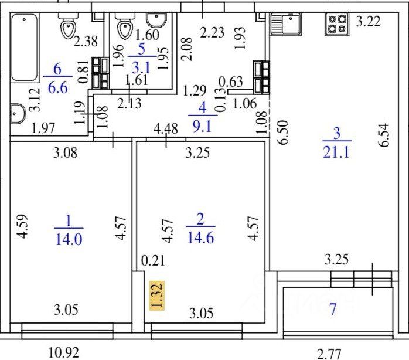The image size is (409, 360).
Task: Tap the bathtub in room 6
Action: pyautogui.click(x=24, y=47)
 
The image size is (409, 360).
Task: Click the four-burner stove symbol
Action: pyautogui.click(x=336, y=23)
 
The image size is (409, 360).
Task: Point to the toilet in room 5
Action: pyautogui.click(x=124, y=27)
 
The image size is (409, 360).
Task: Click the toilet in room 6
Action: pyautogui.click(x=67, y=25)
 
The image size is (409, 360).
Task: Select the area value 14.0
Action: pyautogui.click(x=69, y=240)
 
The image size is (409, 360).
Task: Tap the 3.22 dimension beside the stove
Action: pyautogui.click(x=369, y=23)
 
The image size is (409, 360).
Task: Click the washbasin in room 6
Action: pyautogui.click(x=18, y=113)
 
